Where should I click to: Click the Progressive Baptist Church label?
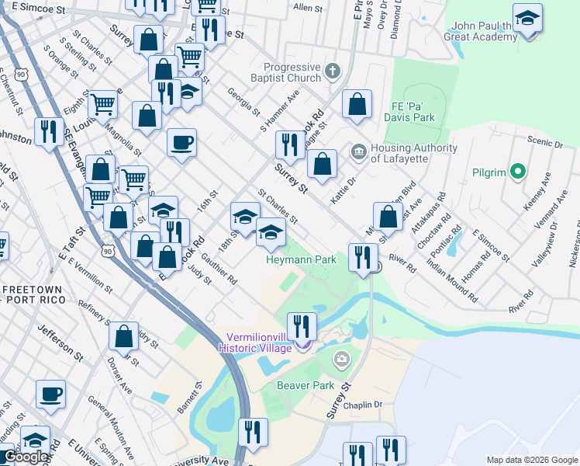(x=285, y=72)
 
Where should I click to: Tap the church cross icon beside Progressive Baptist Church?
(x=333, y=72)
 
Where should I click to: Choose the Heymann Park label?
(x=302, y=259)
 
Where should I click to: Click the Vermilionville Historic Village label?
(x=259, y=343)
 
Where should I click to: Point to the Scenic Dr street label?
(x=544, y=143)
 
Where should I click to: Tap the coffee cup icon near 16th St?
(x=181, y=142)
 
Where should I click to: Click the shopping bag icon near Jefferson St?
(x=123, y=336)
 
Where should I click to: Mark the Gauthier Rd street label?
(x=219, y=268)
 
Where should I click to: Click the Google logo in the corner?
(x=26, y=457)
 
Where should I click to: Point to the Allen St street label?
(x=308, y=7)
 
